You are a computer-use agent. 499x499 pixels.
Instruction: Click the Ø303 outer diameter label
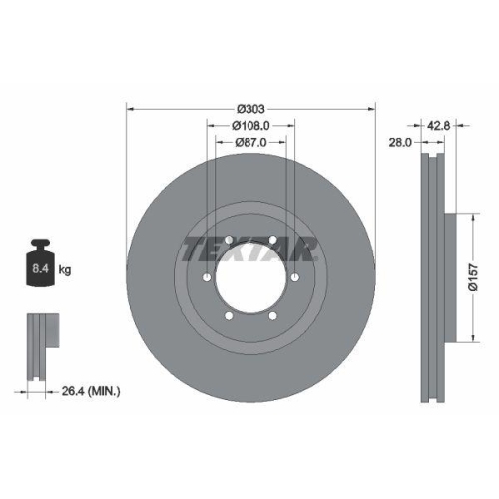[249, 108]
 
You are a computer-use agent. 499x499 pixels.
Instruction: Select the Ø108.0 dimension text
[249, 126]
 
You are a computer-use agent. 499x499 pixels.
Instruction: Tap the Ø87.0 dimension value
[249, 143]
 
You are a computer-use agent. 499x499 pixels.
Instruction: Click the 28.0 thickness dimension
[401, 143]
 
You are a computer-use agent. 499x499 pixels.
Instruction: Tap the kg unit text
[65, 269]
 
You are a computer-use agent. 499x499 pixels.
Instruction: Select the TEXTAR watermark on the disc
[249, 249]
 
